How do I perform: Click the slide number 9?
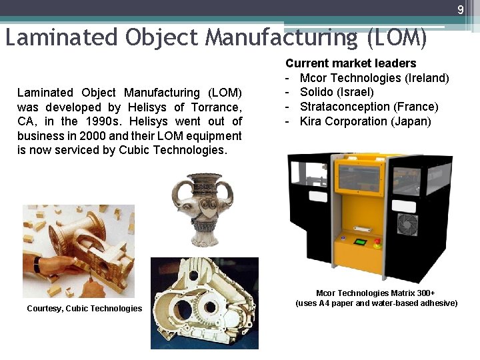(460, 9)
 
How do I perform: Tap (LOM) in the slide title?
(397, 37)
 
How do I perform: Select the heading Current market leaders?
(351, 63)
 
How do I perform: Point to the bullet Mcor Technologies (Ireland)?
(374, 78)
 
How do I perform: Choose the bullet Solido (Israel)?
(337, 92)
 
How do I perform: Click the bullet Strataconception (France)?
(369, 107)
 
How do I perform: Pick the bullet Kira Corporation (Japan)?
(365, 121)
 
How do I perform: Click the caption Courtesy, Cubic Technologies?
(84, 308)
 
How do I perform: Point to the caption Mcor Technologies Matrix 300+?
(375, 293)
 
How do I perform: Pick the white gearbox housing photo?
(204, 303)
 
